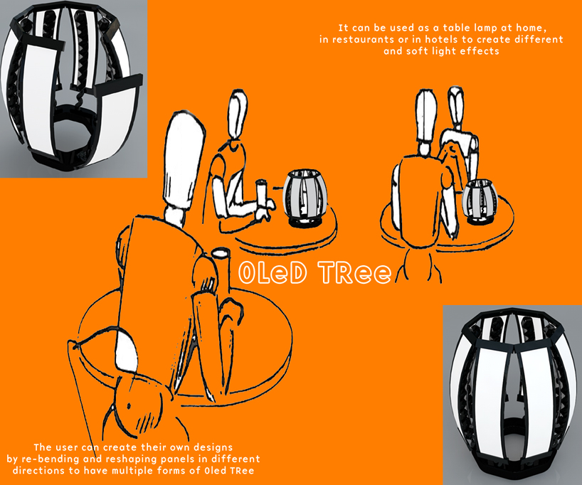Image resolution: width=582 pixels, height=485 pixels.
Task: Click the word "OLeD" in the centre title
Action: (x=273, y=273)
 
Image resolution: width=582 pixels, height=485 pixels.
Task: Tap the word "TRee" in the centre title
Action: (x=354, y=273)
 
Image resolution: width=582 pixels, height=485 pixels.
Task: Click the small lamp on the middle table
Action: (x=305, y=198)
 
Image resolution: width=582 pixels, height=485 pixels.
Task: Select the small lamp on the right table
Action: (x=480, y=202)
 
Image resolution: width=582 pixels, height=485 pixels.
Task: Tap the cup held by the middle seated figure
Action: (x=262, y=191)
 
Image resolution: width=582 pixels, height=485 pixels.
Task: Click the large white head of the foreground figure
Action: (x=184, y=159)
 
